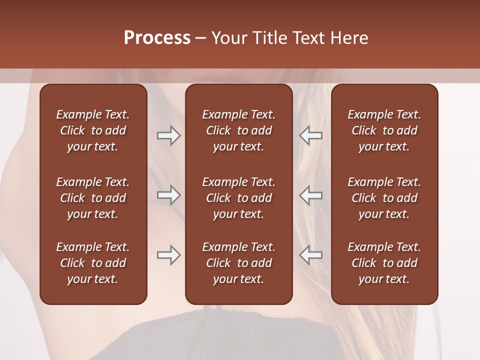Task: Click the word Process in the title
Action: point(157,37)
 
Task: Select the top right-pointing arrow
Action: point(169,135)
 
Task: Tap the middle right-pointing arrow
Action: point(169,194)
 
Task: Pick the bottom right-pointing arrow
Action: point(169,255)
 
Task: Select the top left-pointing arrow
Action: point(310,135)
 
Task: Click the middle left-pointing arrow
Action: point(310,194)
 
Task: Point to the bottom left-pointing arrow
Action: point(310,255)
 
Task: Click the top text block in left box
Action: point(93,130)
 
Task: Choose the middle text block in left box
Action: point(93,198)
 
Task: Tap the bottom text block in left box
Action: point(93,263)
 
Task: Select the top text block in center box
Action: point(238,130)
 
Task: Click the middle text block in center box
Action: point(238,198)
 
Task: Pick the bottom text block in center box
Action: point(238,263)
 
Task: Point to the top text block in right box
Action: point(384,130)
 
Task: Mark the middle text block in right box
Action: point(384,198)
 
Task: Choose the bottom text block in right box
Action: point(384,263)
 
